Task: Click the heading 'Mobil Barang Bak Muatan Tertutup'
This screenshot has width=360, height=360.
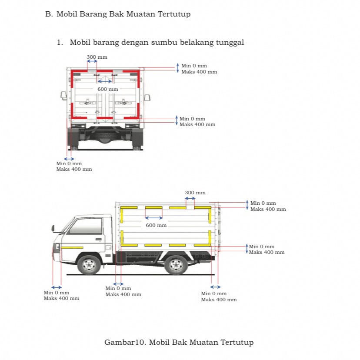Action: (x=123, y=14)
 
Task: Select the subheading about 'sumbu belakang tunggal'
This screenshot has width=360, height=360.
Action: (x=157, y=43)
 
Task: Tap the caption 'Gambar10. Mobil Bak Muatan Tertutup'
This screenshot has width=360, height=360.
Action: (x=179, y=342)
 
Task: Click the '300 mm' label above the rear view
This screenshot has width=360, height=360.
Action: (x=97, y=57)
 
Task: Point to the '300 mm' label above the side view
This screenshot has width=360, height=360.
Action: (x=195, y=193)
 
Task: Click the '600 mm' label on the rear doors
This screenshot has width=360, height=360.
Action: (x=107, y=89)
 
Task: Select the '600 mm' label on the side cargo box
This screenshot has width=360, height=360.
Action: (x=156, y=225)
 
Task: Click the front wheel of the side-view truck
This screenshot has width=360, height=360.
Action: (x=89, y=264)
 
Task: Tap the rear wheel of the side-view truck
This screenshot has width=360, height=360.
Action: (x=176, y=265)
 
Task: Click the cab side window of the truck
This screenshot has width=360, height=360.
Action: (x=86, y=226)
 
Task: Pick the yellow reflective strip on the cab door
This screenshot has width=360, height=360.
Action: (x=72, y=247)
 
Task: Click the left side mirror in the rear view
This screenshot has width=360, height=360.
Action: (x=64, y=95)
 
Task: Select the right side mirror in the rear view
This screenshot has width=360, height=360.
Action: (x=147, y=97)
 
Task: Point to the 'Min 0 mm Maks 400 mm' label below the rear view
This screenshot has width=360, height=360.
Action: (x=74, y=167)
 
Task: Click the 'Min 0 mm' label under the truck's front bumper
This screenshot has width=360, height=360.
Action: (x=56, y=293)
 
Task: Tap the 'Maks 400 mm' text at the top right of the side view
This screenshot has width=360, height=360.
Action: (x=268, y=209)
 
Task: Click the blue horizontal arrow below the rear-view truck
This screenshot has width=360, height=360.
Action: (x=69, y=159)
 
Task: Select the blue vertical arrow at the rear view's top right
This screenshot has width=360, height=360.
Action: (x=177, y=68)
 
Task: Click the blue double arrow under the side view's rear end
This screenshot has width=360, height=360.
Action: (x=216, y=287)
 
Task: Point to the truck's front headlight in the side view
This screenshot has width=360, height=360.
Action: (x=57, y=247)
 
